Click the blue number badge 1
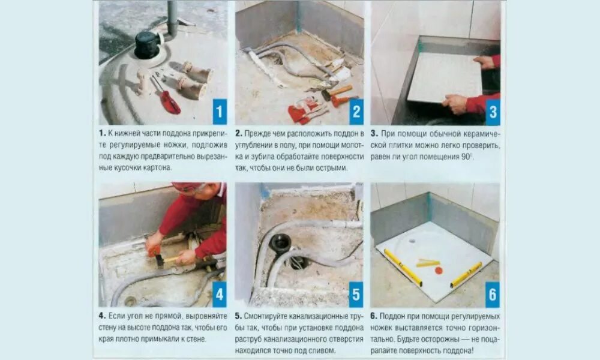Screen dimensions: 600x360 click(x=220, y=112)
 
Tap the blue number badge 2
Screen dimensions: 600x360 click(x=356, y=112)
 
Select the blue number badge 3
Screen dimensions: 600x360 click(x=493, y=112)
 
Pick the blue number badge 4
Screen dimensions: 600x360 click(x=220, y=294)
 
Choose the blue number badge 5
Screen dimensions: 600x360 click(x=356, y=294)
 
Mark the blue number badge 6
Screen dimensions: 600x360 click(x=493, y=295)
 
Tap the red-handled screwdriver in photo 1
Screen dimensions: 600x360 click(x=166, y=95)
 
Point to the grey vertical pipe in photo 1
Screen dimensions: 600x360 click(x=172, y=19)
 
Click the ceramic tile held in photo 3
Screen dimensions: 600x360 click(x=445, y=77)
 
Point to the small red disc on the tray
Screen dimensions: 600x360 click(x=439, y=271)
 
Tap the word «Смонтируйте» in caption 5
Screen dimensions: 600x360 click(x=265, y=316)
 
